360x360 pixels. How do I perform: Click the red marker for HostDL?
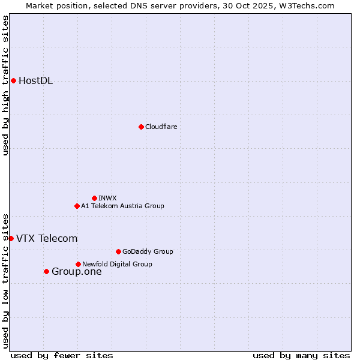point(13,80)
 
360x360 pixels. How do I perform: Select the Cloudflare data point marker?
point(141,127)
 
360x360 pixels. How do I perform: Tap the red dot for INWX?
point(94,198)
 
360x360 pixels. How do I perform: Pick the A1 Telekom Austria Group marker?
point(77,206)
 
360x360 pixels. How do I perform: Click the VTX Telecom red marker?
point(11,238)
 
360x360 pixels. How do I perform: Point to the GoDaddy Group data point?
point(118,251)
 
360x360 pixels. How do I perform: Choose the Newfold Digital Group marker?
point(78,264)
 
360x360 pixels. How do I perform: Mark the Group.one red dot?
point(46,271)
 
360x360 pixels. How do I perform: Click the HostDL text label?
point(35,81)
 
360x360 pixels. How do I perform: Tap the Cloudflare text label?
point(161,127)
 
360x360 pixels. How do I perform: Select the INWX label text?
point(107,198)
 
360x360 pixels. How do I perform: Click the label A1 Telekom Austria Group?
point(122,206)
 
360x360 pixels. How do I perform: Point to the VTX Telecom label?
point(47,238)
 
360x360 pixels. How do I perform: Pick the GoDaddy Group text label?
point(148,251)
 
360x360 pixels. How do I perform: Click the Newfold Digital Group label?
point(117,264)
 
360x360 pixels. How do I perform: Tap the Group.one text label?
point(76,271)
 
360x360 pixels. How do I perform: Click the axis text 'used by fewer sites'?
point(62,355)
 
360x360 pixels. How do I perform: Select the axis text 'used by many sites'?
point(301,355)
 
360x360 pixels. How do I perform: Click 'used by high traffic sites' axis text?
point(5,85)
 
